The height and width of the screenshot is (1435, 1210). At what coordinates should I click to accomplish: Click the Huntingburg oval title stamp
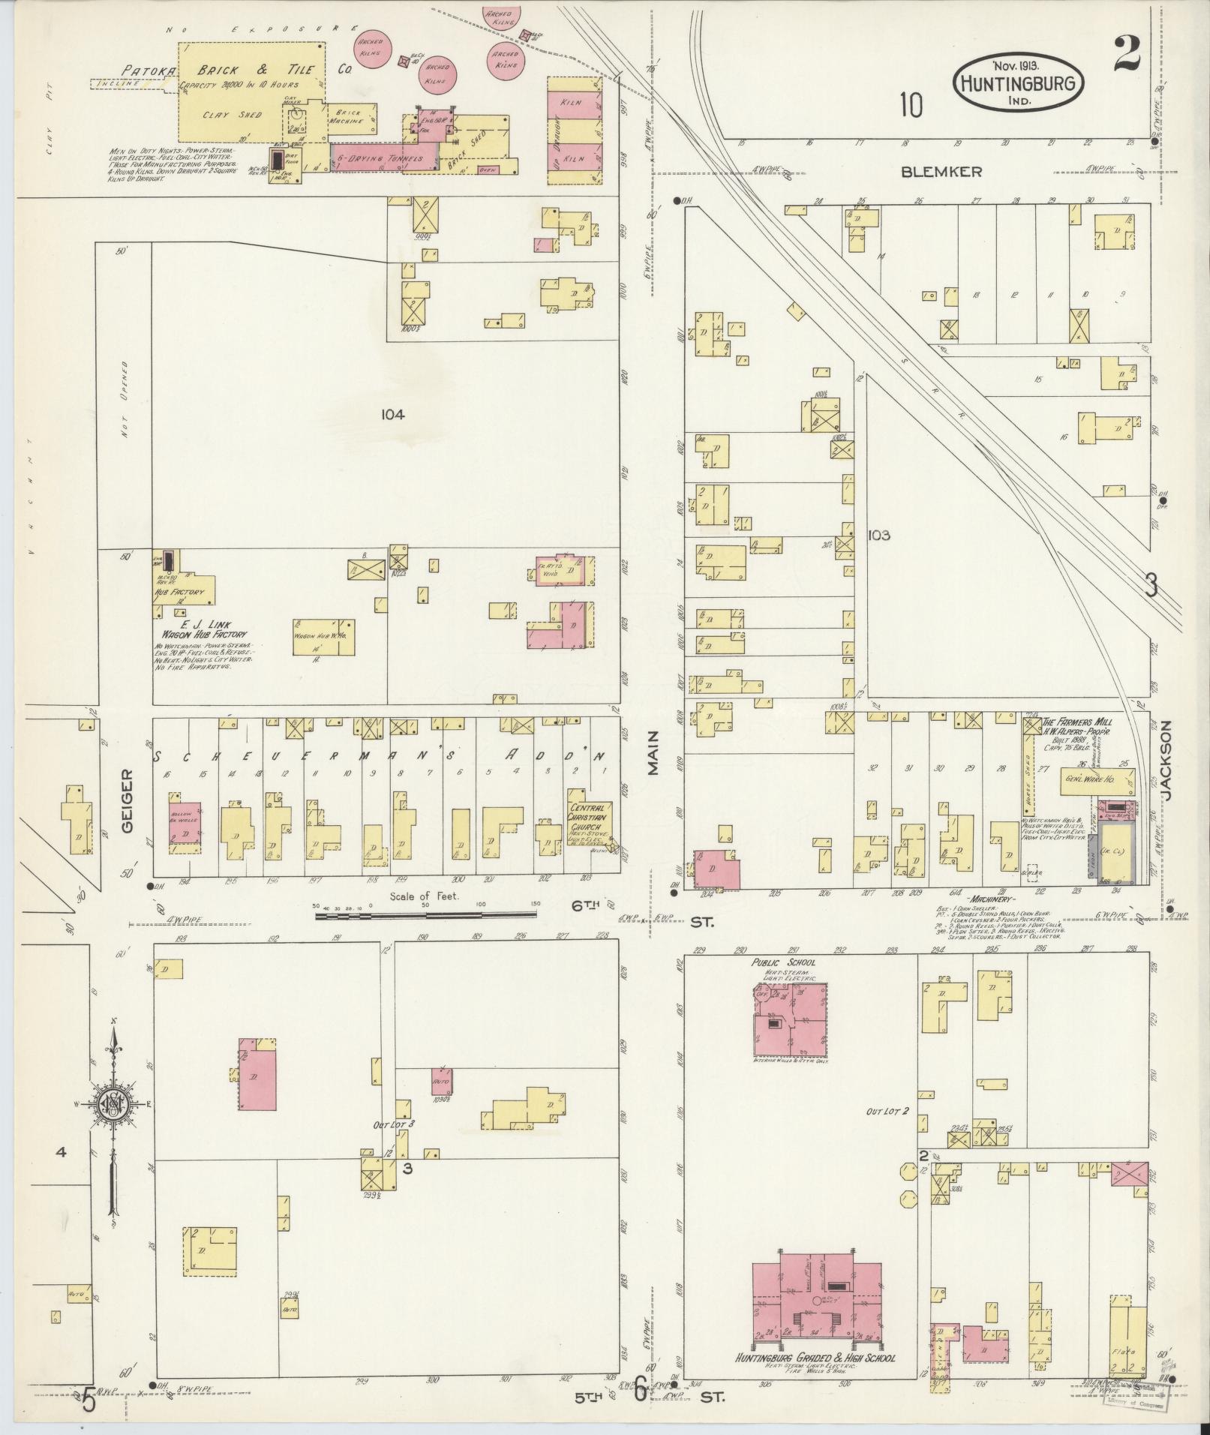(x=1018, y=83)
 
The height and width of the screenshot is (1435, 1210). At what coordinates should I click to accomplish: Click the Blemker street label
(x=941, y=172)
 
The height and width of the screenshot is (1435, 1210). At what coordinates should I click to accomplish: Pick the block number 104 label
(x=392, y=414)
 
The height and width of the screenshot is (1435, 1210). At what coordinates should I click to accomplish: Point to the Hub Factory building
(x=185, y=590)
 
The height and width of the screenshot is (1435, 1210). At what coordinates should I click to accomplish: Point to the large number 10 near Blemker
(x=911, y=106)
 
